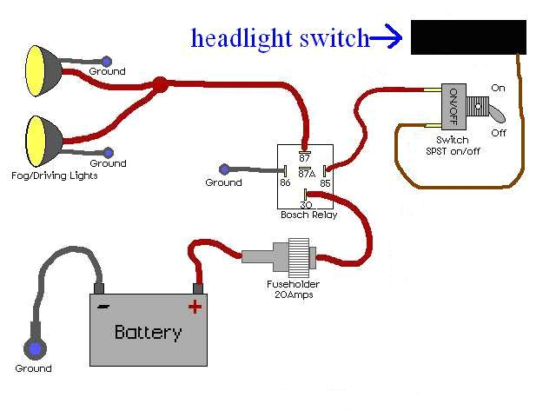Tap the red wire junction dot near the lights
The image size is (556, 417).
point(160,85)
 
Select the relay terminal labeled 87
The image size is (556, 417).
point(305,157)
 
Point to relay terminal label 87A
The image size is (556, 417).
point(305,172)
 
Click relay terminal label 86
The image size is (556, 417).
point(284,182)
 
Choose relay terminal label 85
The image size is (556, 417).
point(325,182)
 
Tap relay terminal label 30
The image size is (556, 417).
point(305,205)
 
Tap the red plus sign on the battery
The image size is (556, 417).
point(195,305)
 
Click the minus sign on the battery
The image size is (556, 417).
point(103,306)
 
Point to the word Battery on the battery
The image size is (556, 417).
point(148,332)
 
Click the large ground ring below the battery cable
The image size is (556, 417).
point(35,349)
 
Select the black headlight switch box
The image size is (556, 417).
point(468,37)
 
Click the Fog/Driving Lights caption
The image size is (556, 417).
point(59,175)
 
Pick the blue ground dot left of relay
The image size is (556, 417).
point(224,169)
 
